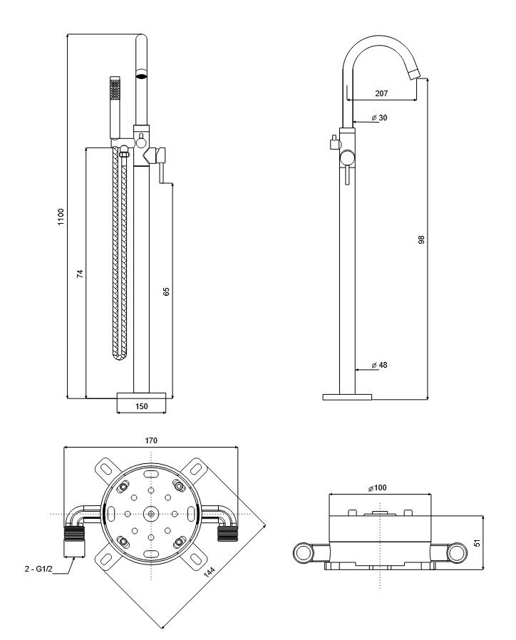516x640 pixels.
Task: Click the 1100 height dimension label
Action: pos(61,217)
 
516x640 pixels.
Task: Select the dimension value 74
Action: pos(80,274)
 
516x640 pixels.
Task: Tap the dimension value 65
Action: pos(166,291)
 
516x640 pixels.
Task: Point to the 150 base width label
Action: pos(141,406)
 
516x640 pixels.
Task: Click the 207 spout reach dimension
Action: pos(381,93)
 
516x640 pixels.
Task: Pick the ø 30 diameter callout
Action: pos(379,118)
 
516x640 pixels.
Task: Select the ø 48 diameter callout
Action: pos(379,365)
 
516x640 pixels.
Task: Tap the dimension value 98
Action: pos(421,239)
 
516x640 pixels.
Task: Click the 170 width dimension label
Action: pos(150,441)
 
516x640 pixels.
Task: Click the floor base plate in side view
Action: pos(347,396)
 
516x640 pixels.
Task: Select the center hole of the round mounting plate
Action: pos(150,514)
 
